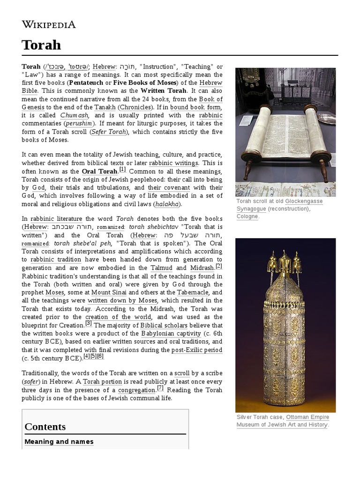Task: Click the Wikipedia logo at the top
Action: pyautogui.click(x=49, y=25)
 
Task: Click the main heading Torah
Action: pyautogui.click(x=41, y=45)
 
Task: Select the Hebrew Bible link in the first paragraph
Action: pyautogui.click(x=211, y=83)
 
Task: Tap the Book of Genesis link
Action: pyautogui.click(x=211, y=99)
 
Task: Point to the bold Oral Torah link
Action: pyautogui.click(x=99, y=172)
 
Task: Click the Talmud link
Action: pyautogui.click(x=161, y=268)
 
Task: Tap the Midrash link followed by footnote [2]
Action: pyautogui.click(x=202, y=268)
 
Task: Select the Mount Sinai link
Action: pyautogui.click(x=107, y=292)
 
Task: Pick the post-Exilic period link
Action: pyautogui.click(x=197, y=350)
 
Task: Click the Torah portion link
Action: pyautogui.click(x=102, y=382)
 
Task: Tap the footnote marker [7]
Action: pyautogui.click(x=160, y=388)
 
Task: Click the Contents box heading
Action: pyautogui.click(x=45, y=427)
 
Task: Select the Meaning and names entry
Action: pyautogui.click(x=59, y=442)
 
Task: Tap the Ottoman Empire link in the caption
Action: pyautogui.click(x=307, y=417)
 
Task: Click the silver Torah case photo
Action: pyautogui.click(x=285, y=325)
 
